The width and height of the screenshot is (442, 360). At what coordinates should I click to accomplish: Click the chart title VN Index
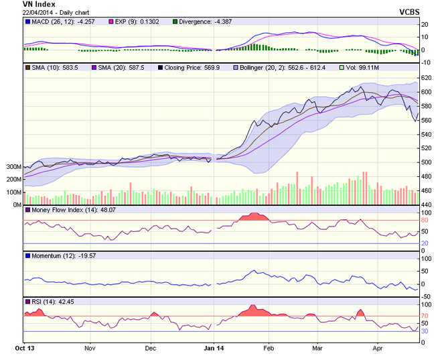(x=41, y=4)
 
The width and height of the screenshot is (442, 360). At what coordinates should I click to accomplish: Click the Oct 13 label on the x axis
(x=24, y=349)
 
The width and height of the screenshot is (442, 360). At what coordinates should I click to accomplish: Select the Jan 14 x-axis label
(x=214, y=349)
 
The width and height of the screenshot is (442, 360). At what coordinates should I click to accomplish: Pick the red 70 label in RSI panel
(x=424, y=315)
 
